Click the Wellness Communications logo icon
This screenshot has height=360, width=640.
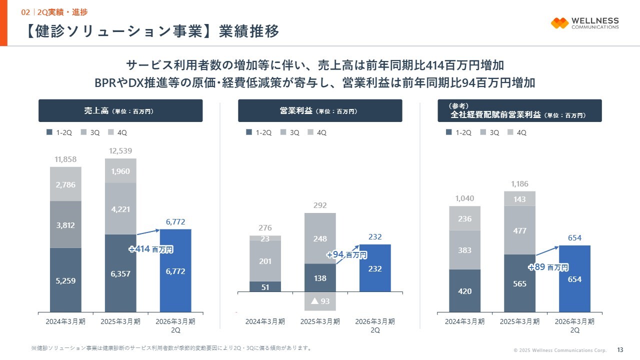click(559, 23)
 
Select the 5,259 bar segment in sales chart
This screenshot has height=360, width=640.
click(65, 280)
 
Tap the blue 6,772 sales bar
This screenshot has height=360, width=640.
click(175, 271)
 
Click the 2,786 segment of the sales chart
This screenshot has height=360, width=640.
click(65, 184)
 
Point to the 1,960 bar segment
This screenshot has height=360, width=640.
click(120, 171)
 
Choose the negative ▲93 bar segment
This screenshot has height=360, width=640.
click(320, 301)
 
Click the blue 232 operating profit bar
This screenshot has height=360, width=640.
click(375, 268)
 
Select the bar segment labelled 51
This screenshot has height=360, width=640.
click(265, 286)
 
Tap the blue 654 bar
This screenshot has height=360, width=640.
click(574, 279)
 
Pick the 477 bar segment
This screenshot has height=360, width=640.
click(519, 230)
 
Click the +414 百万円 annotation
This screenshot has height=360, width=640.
click(151, 249)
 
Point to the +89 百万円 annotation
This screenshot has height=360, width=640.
click(548, 267)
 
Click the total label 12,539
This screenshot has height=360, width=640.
click(120, 151)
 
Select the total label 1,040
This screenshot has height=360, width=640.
click(464, 198)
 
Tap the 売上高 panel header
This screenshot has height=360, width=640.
click(120, 110)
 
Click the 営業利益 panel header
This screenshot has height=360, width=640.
click(320, 110)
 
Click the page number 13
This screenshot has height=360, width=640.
click(620, 349)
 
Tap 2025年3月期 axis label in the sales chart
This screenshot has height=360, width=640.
click(120, 321)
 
